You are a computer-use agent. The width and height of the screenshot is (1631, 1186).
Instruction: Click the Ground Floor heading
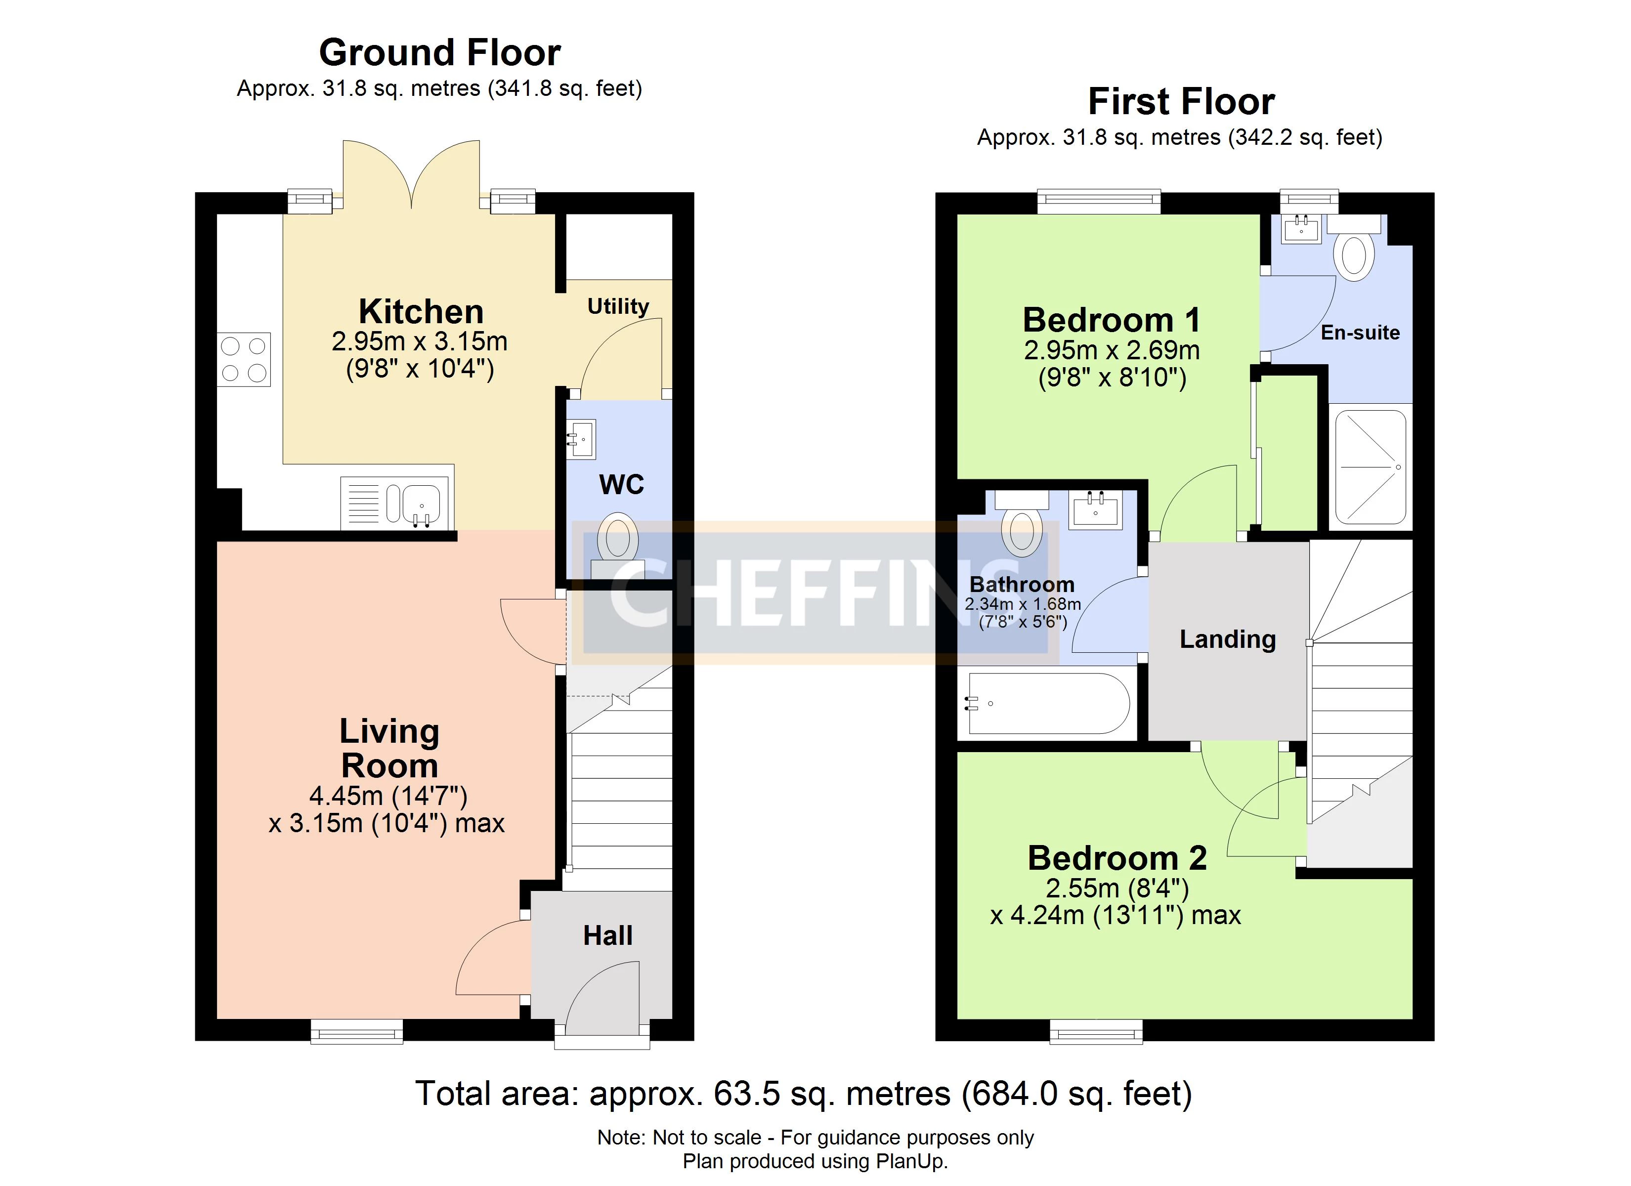coord(439,52)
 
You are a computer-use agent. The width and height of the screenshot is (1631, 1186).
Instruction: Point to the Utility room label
coord(618,306)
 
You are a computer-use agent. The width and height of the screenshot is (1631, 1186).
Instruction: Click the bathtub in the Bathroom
coord(1049,703)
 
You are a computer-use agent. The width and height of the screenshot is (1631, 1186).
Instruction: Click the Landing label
coord(1228,638)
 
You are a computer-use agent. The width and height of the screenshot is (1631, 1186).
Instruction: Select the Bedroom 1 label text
coord(1112,320)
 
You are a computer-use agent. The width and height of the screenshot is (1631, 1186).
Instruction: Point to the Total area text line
coord(803,1094)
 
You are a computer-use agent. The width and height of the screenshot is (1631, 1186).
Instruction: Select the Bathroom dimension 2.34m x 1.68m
coord(1023,604)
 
